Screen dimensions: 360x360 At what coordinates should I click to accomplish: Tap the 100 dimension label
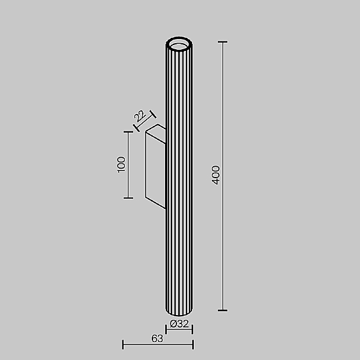[x=121, y=164]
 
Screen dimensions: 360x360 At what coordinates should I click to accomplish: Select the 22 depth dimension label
[x=139, y=116]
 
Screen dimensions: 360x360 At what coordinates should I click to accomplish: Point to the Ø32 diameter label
[x=179, y=323]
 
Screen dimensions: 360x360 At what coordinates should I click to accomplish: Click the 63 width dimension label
[x=157, y=338]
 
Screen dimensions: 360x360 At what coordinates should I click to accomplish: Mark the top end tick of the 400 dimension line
[x=223, y=42]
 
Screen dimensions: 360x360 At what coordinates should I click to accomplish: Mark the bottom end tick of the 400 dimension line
[x=223, y=310]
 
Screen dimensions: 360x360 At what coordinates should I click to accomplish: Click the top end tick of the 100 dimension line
[x=128, y=132]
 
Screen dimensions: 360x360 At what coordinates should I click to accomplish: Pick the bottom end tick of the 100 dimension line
[x=128, y=197]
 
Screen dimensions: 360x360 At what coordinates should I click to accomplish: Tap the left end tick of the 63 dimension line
[x=122, y=344]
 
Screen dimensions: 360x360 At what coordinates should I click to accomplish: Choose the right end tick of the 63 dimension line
[x=193, y=344]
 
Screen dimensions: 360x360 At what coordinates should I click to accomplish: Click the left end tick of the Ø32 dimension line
[x=166, y=329]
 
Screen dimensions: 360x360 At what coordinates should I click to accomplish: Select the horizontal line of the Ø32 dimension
[x=179, y=330]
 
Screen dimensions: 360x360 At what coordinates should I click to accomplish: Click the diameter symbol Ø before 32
[x=173, y=323]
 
